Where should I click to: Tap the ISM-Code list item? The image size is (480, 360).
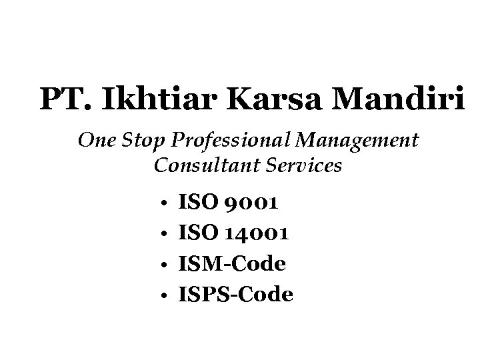tap(233, 264)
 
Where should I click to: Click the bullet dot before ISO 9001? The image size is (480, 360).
tap(163, 202)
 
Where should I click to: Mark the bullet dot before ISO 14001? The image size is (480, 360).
tap(163, 233)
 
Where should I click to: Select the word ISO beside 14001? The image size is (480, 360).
tap(197, 233)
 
